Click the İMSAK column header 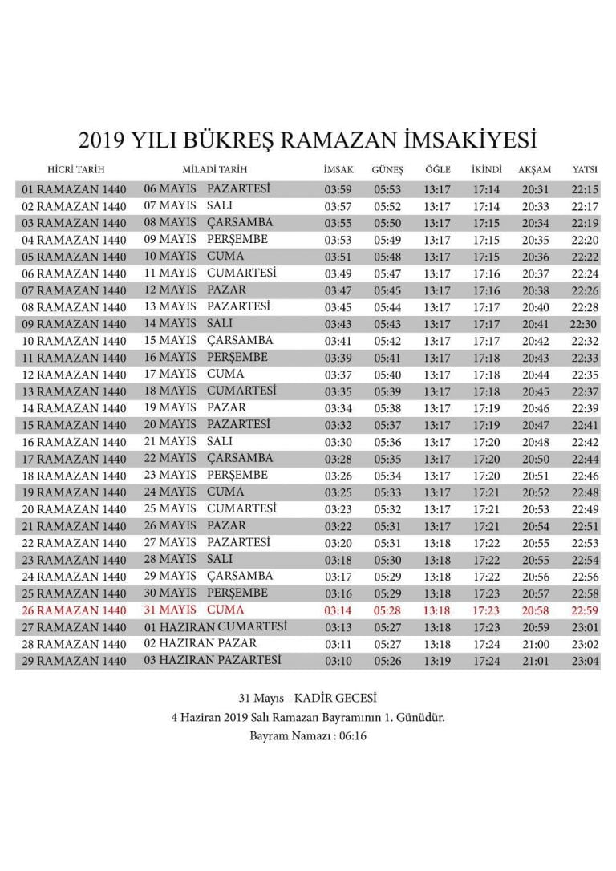coord(338,170)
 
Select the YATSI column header coord(584,170)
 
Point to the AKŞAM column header coord(535,170)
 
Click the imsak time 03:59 coord(338,190)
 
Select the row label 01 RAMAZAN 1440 coord(74,190)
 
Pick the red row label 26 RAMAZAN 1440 coord(74,611)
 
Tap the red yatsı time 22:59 coord(586,611)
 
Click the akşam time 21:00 coord(535,644)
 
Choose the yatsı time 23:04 coord(586,661)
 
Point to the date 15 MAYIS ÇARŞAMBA coord(209,341)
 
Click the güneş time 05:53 coord(387,190)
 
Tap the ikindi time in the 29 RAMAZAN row coord(487,661)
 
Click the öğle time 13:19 coord(437,661)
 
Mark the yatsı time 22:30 coord(583,324)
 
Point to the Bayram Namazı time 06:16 coord(352,735)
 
